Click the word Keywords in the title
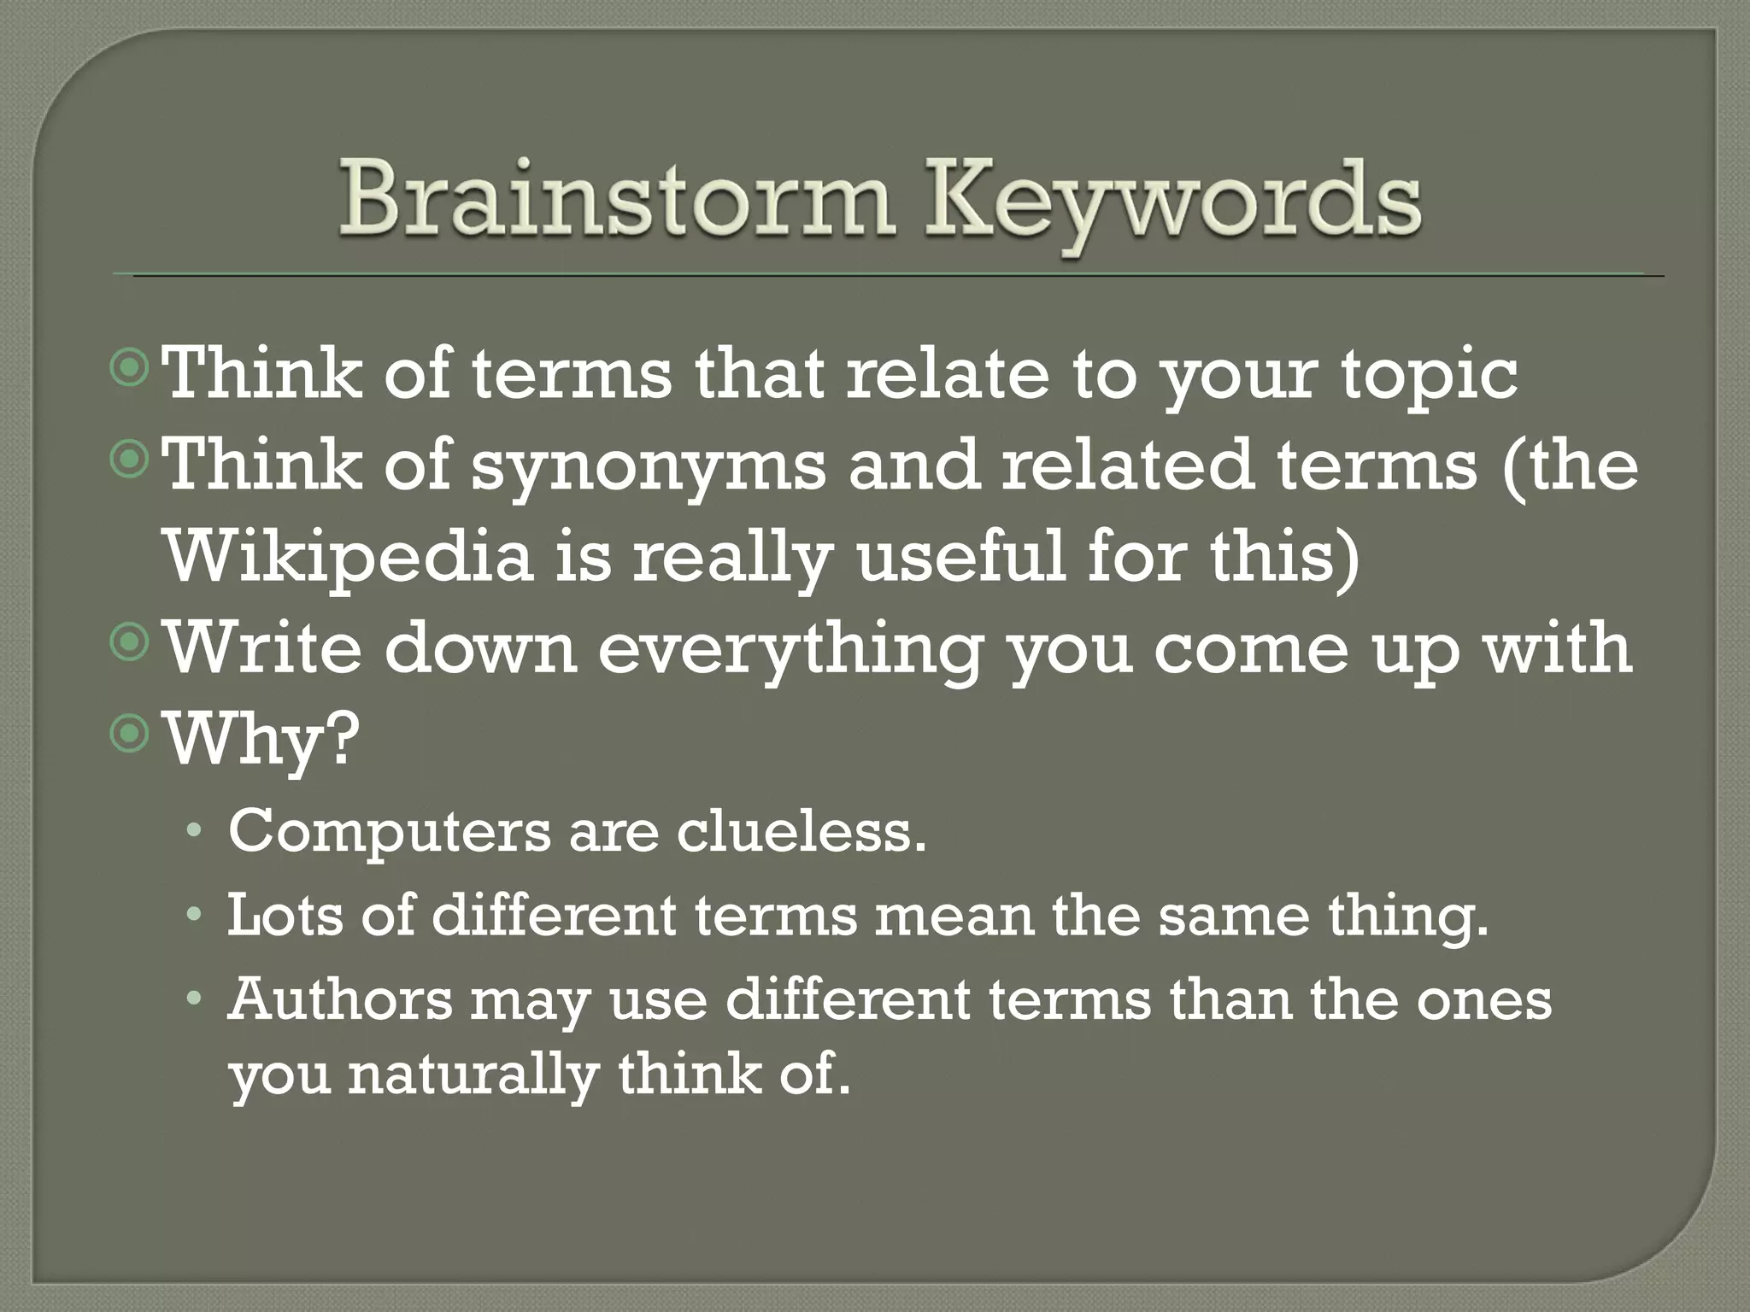point(1183,205)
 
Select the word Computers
point(389,832)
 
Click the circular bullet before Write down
point(131,646)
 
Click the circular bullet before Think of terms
point(131,371)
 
